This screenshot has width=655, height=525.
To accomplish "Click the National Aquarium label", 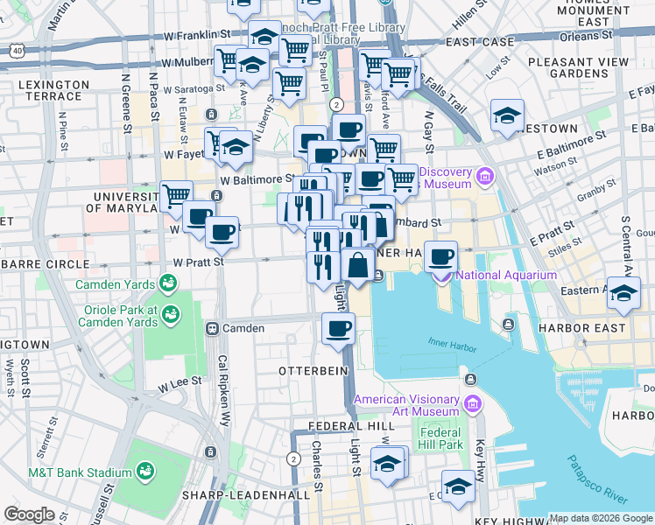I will (506, 275).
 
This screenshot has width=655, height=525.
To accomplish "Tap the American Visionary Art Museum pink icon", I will (474, 404).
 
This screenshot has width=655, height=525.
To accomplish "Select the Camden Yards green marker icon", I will (165, 284).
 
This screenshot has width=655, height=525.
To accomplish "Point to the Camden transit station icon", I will (211, 328).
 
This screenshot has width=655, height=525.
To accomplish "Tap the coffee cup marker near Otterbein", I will (338, 330).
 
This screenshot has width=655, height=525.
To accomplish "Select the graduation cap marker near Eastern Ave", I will (623, 294).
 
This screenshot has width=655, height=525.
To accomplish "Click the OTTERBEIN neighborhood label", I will (313, 371).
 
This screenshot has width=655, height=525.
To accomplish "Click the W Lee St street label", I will (180, 382).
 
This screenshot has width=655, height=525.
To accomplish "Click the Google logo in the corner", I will (29, 514).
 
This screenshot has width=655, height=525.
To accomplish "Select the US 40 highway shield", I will (18, 52).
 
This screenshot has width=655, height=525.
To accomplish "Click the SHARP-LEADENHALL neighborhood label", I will (245, 495).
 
